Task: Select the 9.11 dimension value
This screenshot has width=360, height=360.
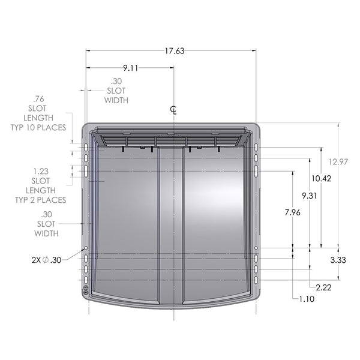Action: click(130, 68)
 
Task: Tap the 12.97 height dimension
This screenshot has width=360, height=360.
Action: click(338, 161)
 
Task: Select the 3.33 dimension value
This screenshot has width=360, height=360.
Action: click(338, 260)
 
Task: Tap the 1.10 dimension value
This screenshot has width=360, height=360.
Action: click(306, 298)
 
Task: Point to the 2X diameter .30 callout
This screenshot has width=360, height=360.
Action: click(46, 260)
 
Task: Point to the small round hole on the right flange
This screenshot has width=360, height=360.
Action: click(256, 248)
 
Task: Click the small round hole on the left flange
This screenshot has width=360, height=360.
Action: click(86, 248)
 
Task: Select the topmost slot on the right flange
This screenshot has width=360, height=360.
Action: click(256, 147)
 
